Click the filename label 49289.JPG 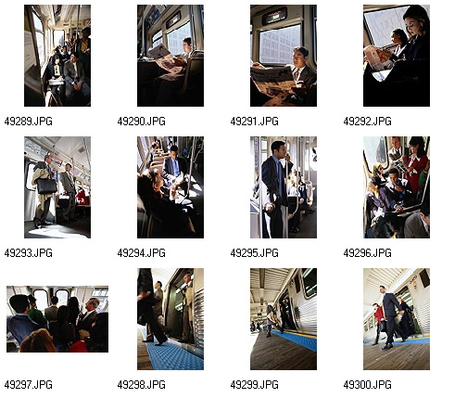[x=29, y=121]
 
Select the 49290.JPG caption [x=142, y=121]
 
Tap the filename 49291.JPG [x=255, y=121]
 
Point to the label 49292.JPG [x=368, y=121]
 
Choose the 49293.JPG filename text [x=29, y=253]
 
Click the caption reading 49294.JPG [x=142, y=253]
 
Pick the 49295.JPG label [x=255, y=253]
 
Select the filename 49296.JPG [x=368, y=253]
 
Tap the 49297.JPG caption [x=29, y=385]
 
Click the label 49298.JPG [x=142, y=385]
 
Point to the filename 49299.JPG [x=255, y=385]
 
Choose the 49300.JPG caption [x=368, y=385]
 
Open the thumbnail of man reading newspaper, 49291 [x=284, y=56]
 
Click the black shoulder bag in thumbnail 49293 [x=46, y=186]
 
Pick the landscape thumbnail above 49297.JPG [x=57, y=319]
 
